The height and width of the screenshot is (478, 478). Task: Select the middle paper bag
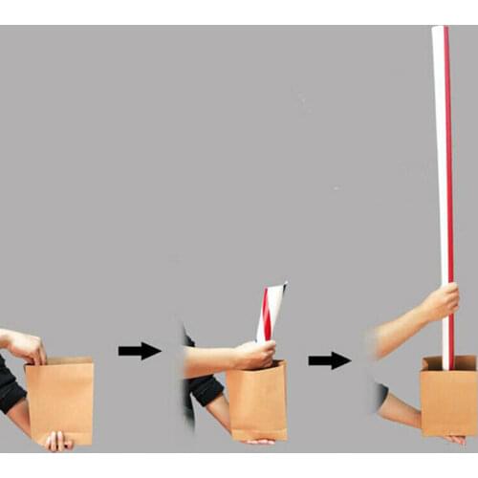256,402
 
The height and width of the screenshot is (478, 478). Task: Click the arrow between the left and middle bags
140,351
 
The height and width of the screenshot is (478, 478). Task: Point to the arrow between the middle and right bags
329,359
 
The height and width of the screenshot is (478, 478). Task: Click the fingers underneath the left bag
56,441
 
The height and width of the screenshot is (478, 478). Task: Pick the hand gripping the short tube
255,355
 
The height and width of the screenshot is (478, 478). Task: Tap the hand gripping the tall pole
440,303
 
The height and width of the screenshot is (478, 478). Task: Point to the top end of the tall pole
440,31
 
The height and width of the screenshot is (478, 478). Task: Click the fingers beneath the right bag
454,439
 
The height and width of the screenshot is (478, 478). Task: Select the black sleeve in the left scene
9,387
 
